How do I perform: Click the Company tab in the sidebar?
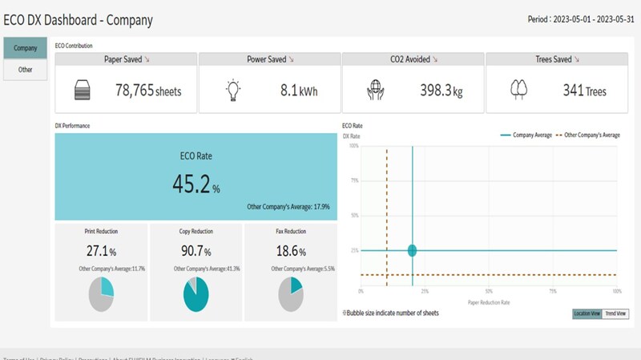tap(25, 48)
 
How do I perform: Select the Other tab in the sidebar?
tap(25, 70)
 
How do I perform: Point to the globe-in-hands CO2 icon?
tap(376, 90)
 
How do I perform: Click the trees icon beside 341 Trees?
tap(519, 90)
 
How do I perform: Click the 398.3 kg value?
tap(441, 91)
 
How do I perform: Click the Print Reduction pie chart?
tap(101, 293)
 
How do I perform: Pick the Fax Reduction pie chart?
tap(290, 293)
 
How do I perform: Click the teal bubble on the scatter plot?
tap(412, 251)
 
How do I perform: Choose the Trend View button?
tap(615, 313)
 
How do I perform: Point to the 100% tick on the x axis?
tap(616, 291)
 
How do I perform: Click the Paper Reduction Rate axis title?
tap(488, 302)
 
